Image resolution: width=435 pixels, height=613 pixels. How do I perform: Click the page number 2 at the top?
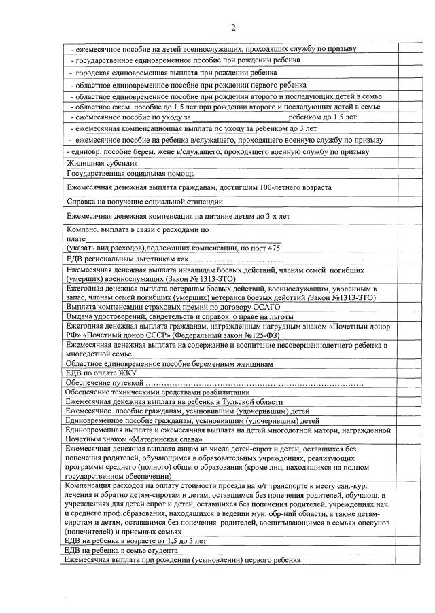pyautogui.click(x=233, y=28)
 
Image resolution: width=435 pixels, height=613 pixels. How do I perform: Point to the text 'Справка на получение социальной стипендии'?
pyautogui.click(x=144, y=202)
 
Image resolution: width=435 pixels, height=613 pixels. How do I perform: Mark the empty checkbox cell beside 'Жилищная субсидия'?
pyautogui.click(x=411, y=163)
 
